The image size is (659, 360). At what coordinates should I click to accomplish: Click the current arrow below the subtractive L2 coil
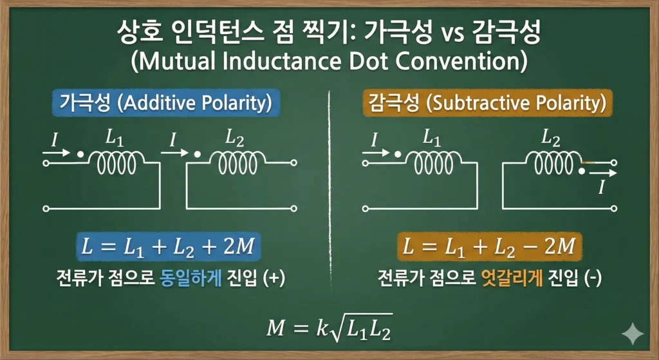coord(602,173)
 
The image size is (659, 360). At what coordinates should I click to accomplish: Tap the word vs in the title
coord(449,33)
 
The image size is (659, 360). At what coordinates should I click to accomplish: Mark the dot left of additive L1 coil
coord(80,155)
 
